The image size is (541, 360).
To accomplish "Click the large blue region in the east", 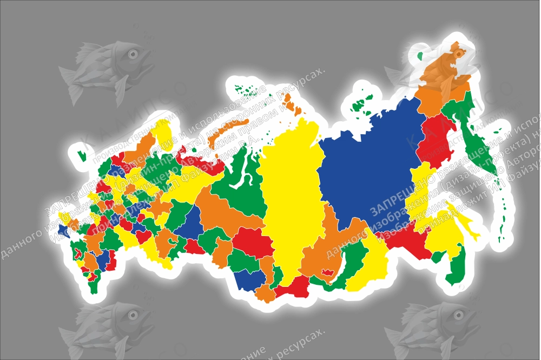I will point(368,162).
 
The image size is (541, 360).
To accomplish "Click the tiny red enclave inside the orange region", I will point(326,272).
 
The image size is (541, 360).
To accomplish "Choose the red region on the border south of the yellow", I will point(292,287).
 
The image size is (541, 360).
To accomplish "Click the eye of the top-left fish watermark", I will point(131,54).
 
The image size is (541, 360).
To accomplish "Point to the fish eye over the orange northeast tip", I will point(459,54).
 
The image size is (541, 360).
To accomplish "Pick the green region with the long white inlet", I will point(238,173).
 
